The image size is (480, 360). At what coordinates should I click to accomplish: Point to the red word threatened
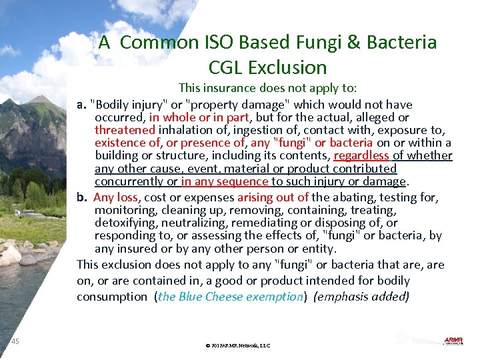pos(125,130)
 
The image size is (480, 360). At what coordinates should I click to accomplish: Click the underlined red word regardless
pos(361,156)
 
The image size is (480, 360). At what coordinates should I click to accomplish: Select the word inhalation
pos(184,130)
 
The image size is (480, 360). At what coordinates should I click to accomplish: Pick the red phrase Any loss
pos(115,197)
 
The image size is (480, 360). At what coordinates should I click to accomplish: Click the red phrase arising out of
pos(273,197)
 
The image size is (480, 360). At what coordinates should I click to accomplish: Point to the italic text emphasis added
pos(361,297)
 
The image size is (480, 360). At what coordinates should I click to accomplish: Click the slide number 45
pos(15,342)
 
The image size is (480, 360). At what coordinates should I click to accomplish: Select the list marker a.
pos(82,105)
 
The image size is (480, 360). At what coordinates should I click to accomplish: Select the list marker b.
pos(82,197)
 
